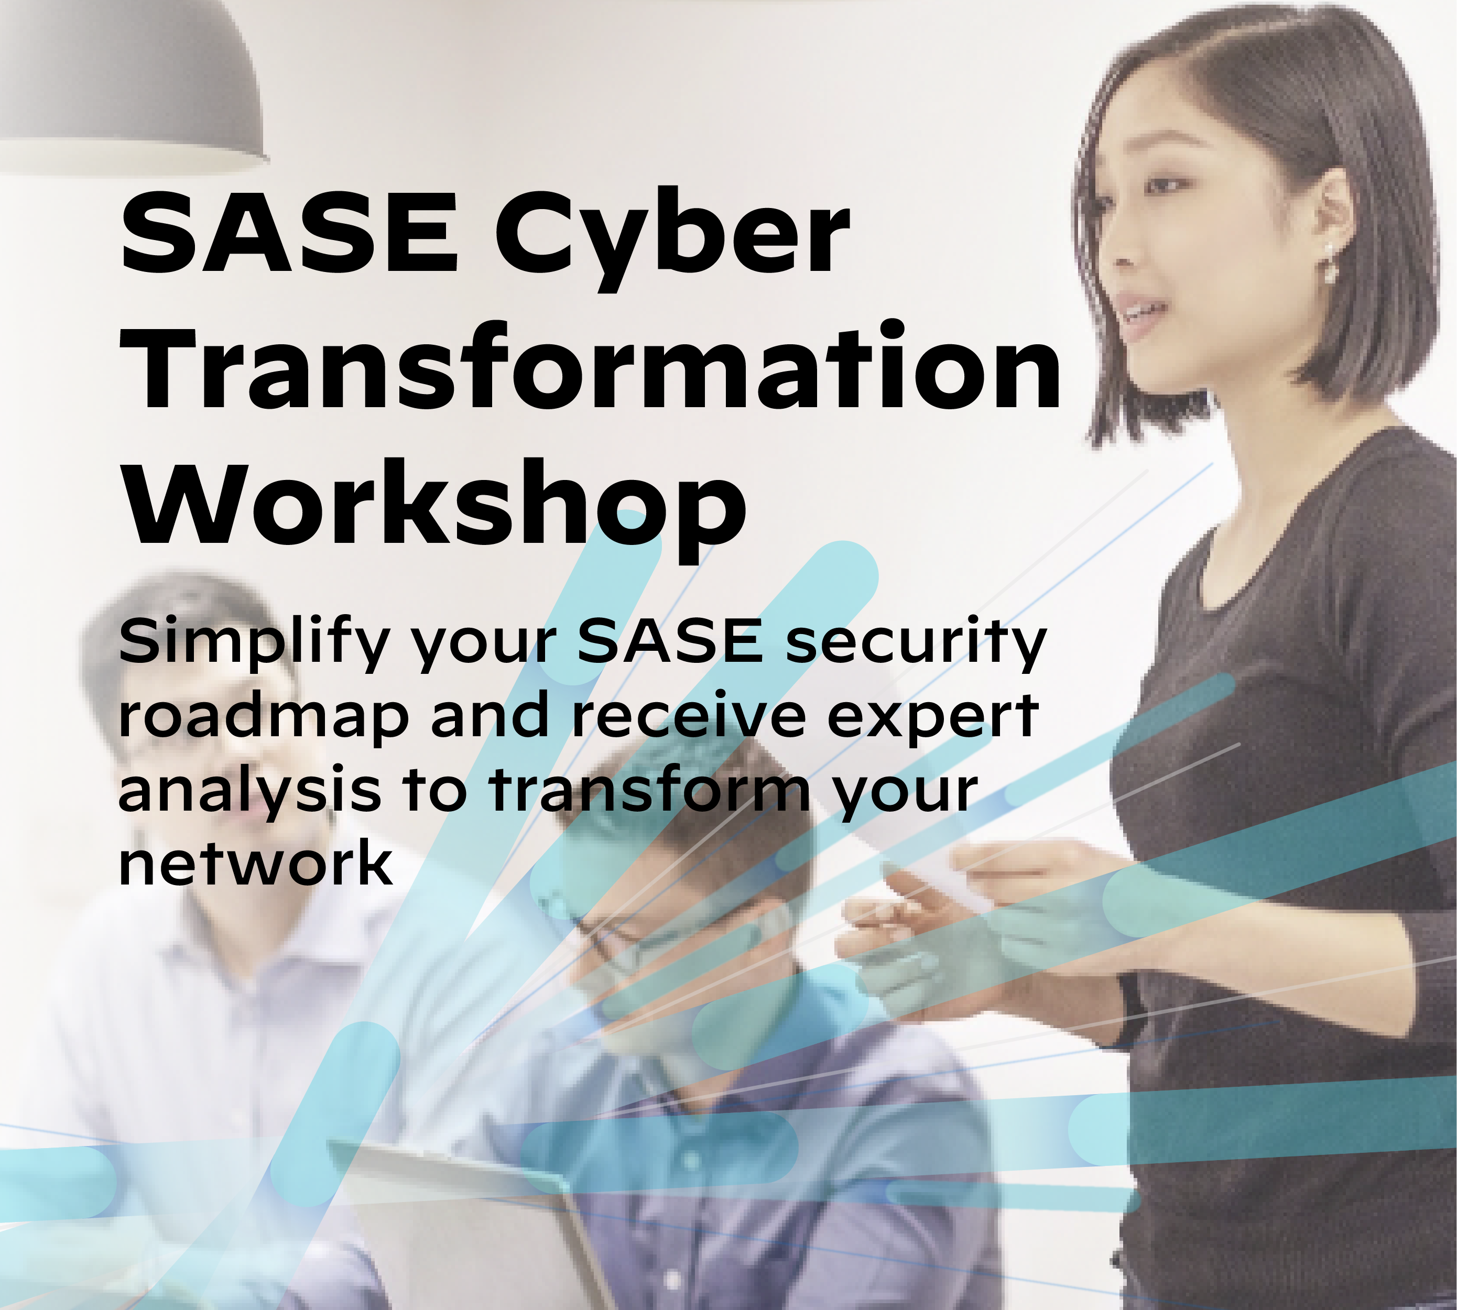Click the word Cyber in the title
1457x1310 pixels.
pyautogui.click(x=671, y=234)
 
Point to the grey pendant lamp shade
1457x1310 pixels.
pyautogui.click(x=129, y=86)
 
